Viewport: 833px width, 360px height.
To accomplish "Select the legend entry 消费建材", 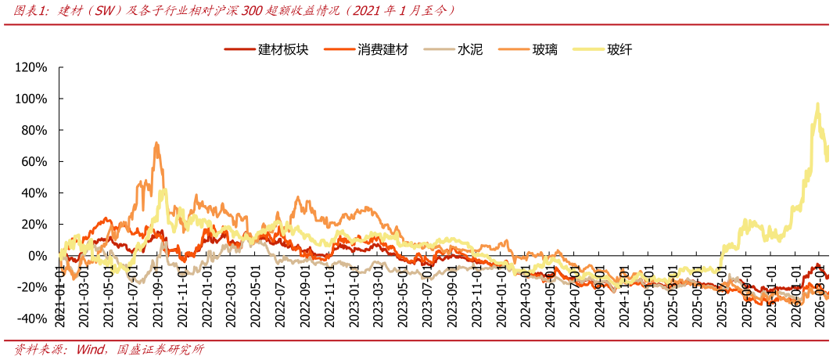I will [x=382, y=50].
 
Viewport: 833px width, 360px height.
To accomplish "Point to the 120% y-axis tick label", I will [x=31, y=67].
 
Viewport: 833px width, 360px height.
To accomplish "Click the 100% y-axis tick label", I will [x=31, y=99].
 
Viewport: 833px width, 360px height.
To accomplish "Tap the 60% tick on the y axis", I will [x=34, y=162].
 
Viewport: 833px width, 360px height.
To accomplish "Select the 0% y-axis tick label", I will [x=38, y=256].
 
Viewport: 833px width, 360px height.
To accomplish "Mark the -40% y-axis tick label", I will [x=32, y=319].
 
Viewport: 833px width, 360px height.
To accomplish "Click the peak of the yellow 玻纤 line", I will [x=817, y=103].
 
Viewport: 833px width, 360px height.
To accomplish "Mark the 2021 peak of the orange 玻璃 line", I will [x=156, y=143].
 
